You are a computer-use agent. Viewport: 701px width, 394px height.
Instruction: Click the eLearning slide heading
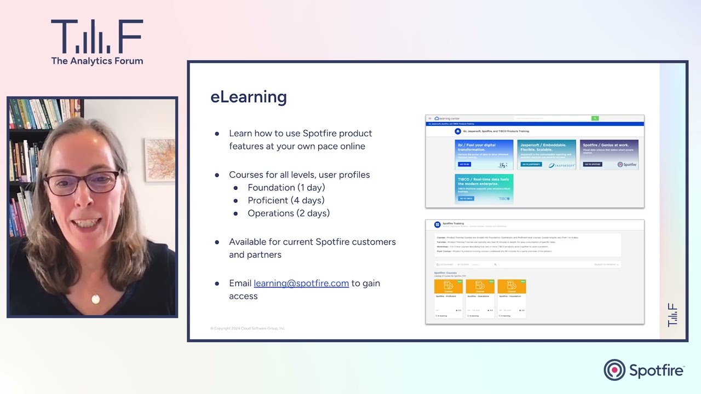[x=249, y=97]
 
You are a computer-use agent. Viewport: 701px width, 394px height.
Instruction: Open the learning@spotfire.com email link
[x=301, y=283]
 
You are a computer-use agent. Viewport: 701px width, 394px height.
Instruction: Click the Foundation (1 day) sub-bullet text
[x=286, y=187]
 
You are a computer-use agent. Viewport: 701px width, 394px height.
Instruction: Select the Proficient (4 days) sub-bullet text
[x=286, y=200]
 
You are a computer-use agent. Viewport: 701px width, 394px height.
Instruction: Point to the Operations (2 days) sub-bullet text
[x=289, y=213]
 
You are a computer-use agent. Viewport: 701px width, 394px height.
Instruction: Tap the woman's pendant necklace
[x=96, y=299]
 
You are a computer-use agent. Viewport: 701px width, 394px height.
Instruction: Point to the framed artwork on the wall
[x=159, y=160]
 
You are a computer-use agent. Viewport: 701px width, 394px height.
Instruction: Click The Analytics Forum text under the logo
[x=97, y=61]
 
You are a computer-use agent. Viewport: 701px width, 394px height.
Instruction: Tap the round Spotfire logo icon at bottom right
[x=614, y=370]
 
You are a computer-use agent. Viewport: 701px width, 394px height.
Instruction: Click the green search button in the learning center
[x=595, y=118]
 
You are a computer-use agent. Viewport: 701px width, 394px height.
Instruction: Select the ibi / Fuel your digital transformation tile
[x=484, y=154]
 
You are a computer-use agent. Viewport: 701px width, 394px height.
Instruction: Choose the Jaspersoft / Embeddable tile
[x=547, y=154]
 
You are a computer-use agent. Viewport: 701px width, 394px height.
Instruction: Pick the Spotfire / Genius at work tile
[x=610, y=154]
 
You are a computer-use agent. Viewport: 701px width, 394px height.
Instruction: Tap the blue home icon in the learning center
[x=458, y=131]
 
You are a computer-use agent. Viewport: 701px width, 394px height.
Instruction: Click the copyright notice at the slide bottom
[x=248, y=328]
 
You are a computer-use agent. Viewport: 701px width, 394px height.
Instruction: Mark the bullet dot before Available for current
[x=217, y=242]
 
